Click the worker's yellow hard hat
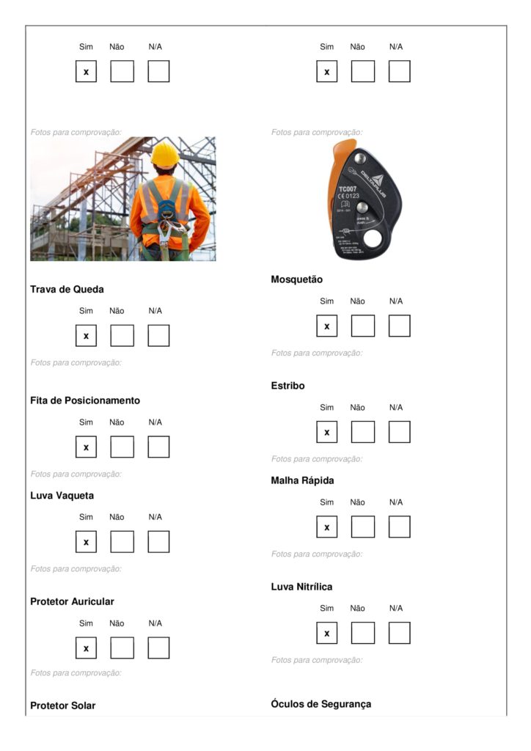coord(165,154)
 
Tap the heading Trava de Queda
coord(67,289)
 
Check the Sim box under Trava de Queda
coord(86,336)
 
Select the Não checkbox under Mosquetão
coord(362,326)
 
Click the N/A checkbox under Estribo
coord(399,432)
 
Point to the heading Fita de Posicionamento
coord(85,400)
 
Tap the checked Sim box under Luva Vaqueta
coord(86,542)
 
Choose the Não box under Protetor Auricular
coord(122,648)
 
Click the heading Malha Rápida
coord(302,480)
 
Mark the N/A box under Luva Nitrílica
coord(399,633)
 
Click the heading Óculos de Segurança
coord(321,704)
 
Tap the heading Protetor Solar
coord(62,706)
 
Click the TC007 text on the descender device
coord(347,188)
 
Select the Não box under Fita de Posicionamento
coord(122,447)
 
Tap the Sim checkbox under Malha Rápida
coord(327,527)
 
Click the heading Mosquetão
coord(296,279)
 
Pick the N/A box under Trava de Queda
coord(158,336)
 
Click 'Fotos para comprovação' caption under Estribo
coord(316,459)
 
